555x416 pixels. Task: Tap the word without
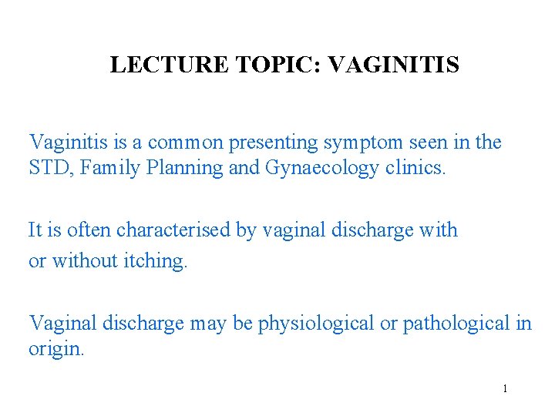[82, 261]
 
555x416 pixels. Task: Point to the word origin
[56, 349]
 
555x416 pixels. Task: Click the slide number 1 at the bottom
[505, 389]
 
